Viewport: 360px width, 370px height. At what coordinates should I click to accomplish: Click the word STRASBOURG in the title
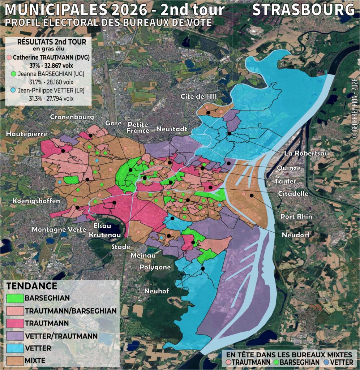(x=303, y=10)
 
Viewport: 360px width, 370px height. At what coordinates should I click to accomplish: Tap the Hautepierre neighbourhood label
(x=27, y=134)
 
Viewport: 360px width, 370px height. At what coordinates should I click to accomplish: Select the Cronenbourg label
(x=72, y=117)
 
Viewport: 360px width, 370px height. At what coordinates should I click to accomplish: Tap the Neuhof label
(x=157, y=291)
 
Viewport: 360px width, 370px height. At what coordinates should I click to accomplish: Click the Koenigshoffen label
(x=36, y=201)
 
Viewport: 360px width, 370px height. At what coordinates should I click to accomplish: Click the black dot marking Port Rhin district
(x=252, y=195)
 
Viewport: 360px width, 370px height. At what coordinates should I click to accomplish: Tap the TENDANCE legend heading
(x=32, y=286)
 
